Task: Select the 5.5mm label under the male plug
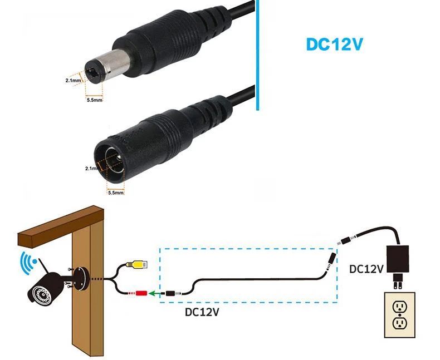coord(94,101)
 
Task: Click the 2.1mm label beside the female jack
coord(91,167)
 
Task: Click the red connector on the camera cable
coord(140,292)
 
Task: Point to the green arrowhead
coord(151,293)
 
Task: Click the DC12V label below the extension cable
coord(202,312)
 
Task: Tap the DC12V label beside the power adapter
coord(366,269)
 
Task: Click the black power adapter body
coord(397,259)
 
